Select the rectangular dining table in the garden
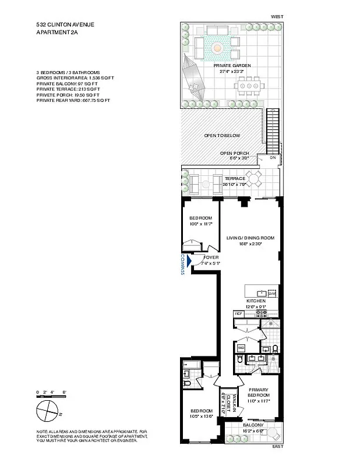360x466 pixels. (x=248, y=86)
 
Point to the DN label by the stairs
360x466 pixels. (x=272, y=158)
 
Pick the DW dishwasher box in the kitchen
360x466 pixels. (x=271, y=294)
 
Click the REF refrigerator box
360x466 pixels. (x=238, y=313)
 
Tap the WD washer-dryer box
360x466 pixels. (x=241, y=349)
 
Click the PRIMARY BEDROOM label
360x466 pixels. (x=257, y=393)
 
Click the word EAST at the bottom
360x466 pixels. (x=277, y=447)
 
